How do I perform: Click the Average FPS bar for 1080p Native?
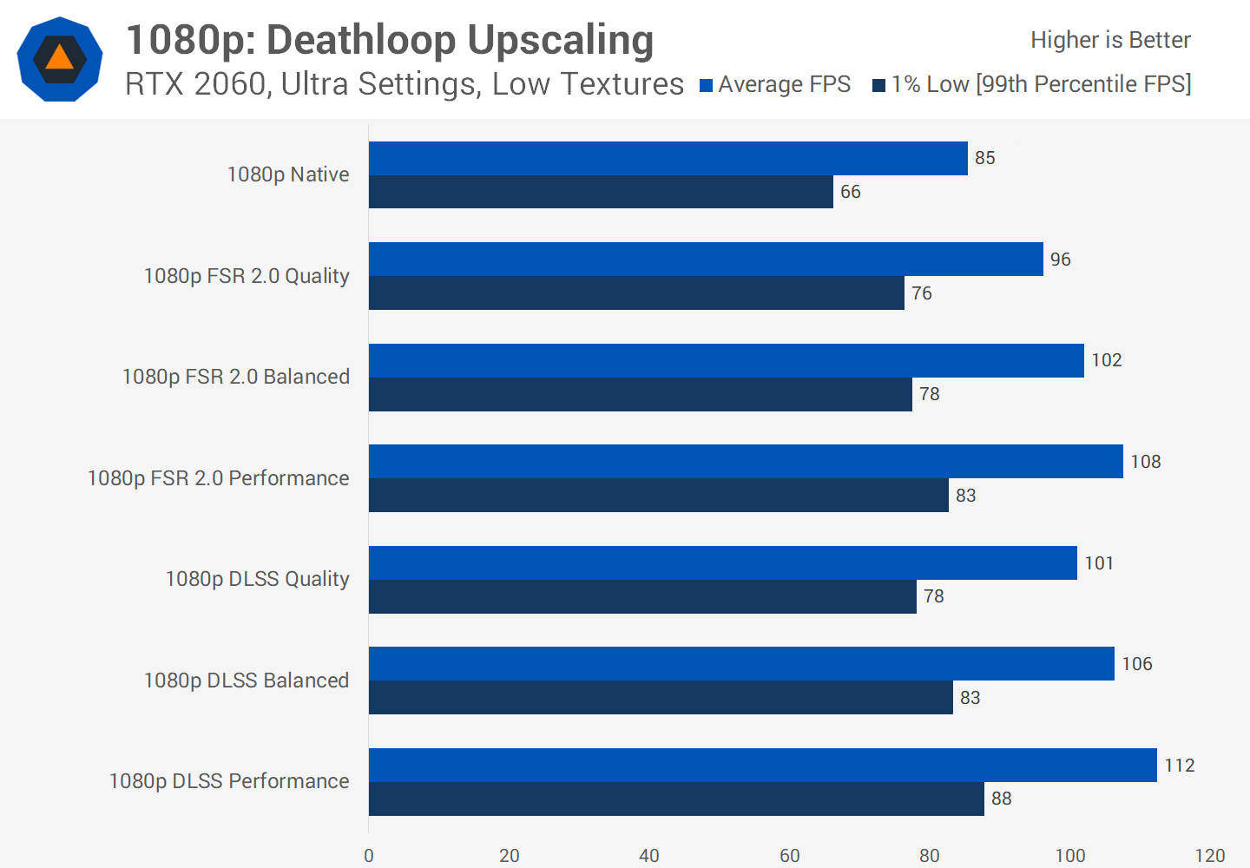click(668, 159)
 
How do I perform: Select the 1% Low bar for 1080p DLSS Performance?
click(676, 799)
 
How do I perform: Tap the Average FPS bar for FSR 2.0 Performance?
click(746, 462)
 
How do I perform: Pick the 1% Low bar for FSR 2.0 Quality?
click(636, 293)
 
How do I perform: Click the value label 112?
click(1179, 766)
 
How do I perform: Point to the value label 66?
click(850, 192)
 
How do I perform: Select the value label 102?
click(1106, 360)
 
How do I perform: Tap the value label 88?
click(1001, 799)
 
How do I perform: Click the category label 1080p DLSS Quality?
click(257, 579)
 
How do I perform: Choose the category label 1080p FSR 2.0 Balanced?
click(235, 377)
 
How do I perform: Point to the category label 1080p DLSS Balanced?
click(246, 681)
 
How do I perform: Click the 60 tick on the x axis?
click(789, 856)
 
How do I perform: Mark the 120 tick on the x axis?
click(1209, 856)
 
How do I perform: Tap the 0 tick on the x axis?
click(369, 856)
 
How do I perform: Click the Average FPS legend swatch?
click(706, 85)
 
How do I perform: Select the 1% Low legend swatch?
click(878, 85)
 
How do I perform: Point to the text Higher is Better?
click(1110, 40)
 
